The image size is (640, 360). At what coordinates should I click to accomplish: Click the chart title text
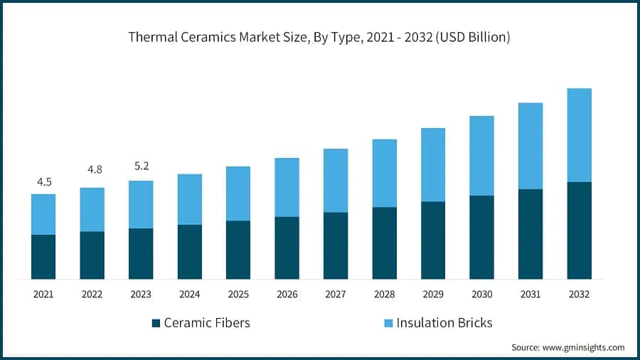(319, 38)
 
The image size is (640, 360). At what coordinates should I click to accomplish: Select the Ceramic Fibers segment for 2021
(43, 257)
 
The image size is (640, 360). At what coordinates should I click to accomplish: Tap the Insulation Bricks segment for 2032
(580, 135)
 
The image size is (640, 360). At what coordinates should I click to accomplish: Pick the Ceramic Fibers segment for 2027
(336, 245)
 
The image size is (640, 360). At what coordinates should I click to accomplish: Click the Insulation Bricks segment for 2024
(190, 199)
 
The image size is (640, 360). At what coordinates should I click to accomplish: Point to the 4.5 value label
(44, 182)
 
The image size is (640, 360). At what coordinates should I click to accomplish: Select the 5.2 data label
(141, 166)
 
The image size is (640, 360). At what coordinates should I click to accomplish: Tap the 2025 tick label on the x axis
(238, 293)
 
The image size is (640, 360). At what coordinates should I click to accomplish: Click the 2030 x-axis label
(482, 293)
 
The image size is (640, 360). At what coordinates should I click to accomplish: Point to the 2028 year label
(385, 293)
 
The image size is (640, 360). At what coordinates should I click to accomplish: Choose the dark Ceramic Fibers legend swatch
(156, 323)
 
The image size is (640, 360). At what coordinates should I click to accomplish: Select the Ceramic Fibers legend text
(207, 323)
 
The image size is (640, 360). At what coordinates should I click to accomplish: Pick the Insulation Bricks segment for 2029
(433, 164)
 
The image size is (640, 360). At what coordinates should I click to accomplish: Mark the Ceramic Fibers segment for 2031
(530, 234)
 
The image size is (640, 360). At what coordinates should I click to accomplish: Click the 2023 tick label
(141, 293)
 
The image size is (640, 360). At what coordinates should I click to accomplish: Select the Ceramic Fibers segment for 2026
(287, 248)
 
